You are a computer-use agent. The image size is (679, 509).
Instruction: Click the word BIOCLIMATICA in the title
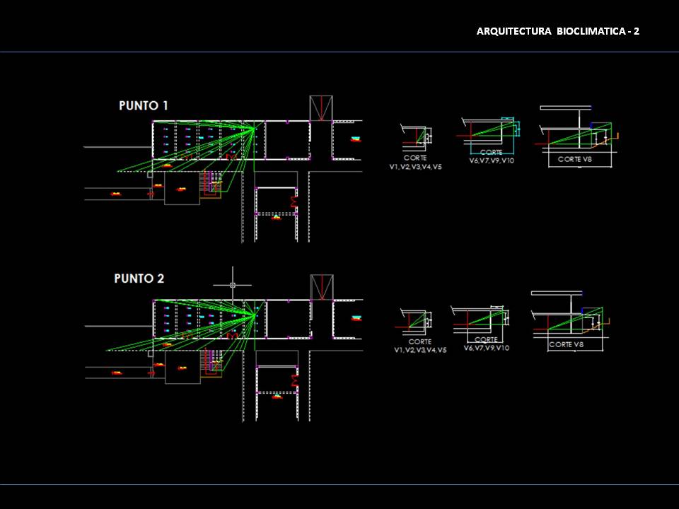tap(590, 31)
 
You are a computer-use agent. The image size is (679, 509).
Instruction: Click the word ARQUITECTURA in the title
tap(514, 31)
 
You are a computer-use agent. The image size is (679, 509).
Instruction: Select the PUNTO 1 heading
tap(143, 106)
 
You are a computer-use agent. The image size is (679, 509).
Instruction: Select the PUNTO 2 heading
tap(139, 279)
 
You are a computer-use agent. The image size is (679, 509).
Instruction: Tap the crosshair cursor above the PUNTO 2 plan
tap(233, 285)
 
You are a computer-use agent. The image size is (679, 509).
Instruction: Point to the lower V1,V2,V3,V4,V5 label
tap(420, 350)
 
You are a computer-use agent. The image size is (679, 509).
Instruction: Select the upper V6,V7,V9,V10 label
tap(491, 160)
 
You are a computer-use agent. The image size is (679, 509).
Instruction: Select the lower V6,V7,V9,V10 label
tap(486, 348)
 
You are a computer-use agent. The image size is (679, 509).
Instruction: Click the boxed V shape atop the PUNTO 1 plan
tap(321, 107)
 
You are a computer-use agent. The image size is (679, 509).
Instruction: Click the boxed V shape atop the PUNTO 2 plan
tap(322, 286)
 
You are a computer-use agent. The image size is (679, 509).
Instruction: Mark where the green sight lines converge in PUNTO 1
tap(253, 129)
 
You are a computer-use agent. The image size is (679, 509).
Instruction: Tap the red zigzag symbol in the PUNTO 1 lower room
tap(294, 203)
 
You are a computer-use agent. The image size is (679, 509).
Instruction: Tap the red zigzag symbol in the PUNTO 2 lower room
tap(294, 382)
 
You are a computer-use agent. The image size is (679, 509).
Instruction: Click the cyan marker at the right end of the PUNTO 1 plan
tap(356, 139)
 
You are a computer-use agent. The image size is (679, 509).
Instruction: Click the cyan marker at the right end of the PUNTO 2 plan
tap(356, 317)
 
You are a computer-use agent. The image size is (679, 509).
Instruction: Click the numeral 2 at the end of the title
tap(637, 31)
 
